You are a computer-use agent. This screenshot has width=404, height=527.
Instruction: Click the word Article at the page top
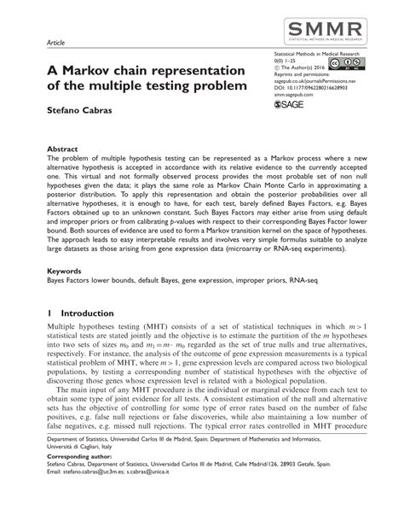(x=56, y=41)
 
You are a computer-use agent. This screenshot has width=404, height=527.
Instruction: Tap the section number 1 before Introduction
(x=49, y=313)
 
